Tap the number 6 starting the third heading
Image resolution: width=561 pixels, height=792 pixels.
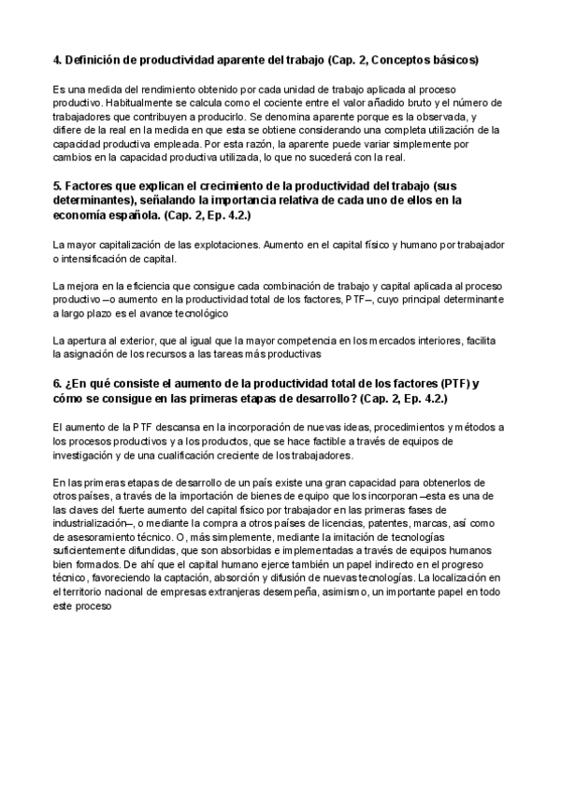pyautogui.click(x=57, y=384)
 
